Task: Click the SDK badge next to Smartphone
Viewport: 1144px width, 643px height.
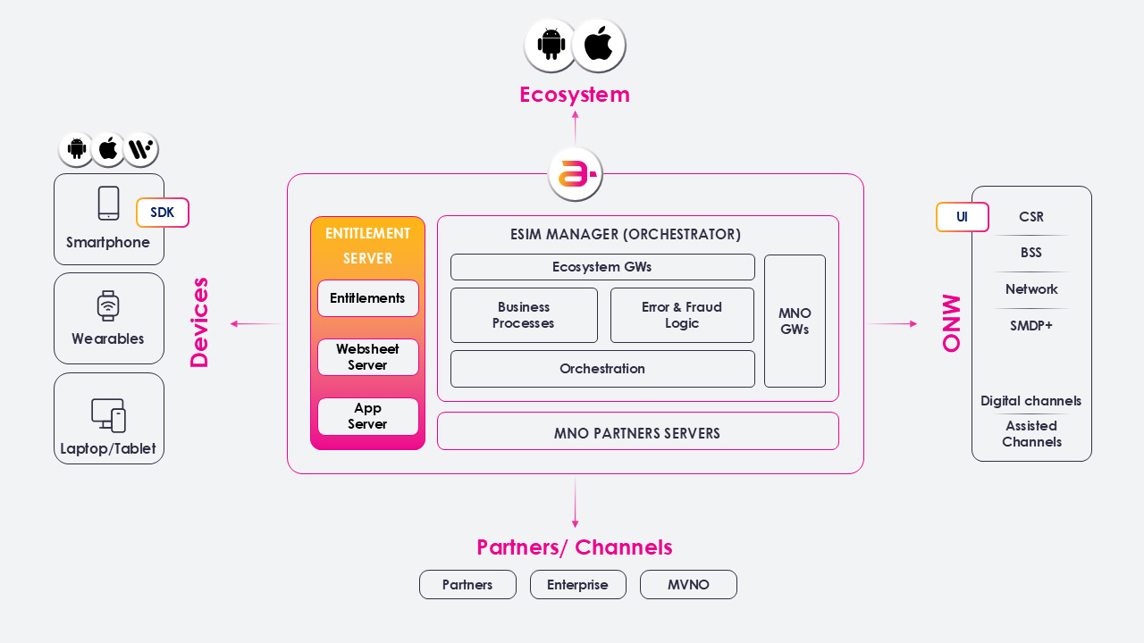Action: pyautogui.click(x=163, y=213)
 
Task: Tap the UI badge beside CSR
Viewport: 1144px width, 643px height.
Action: pyautogui.click(x=962, y=217)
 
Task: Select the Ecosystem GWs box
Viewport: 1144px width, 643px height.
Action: pyautogui.click(x=602, y=267)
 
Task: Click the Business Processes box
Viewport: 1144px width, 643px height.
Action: pyautogui.click(x=524, y=315)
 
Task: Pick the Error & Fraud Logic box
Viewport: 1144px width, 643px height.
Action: pyautogui.click(x=682, y=315)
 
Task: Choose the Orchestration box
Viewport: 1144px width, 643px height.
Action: pyautogui.click(x=602, y=369)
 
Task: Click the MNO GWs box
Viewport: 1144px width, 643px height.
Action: pyautogui.click(x=795, y=321)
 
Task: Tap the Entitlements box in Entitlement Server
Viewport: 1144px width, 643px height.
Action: pyautogui.click(x=367, y=298)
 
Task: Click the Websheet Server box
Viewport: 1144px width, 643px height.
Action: pyautogui.click(x=367, y=357)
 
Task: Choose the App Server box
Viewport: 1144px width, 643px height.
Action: pyautogui.click(x=367, y=416)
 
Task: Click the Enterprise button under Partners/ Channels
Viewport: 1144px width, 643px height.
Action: pyautogui.click(x=577, y=585)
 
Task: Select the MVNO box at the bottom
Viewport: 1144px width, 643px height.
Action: pyautogui.click(x=688, y=585)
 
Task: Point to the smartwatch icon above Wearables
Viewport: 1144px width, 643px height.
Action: pyautogui.click(x=108, y=306)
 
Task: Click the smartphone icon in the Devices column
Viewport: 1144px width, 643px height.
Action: pyautogui.click(x=108, y=204)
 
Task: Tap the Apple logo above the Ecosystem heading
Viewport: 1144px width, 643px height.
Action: pyautogui.click(x=598, y=45)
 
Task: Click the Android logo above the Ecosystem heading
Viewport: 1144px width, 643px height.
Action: pyautogui.click(x=551, y=45)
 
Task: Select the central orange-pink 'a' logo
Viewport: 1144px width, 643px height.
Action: pyautogui.click(x=575, y=174)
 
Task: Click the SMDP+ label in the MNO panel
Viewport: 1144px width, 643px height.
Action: pyautogui.click(x=1031, y=326)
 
